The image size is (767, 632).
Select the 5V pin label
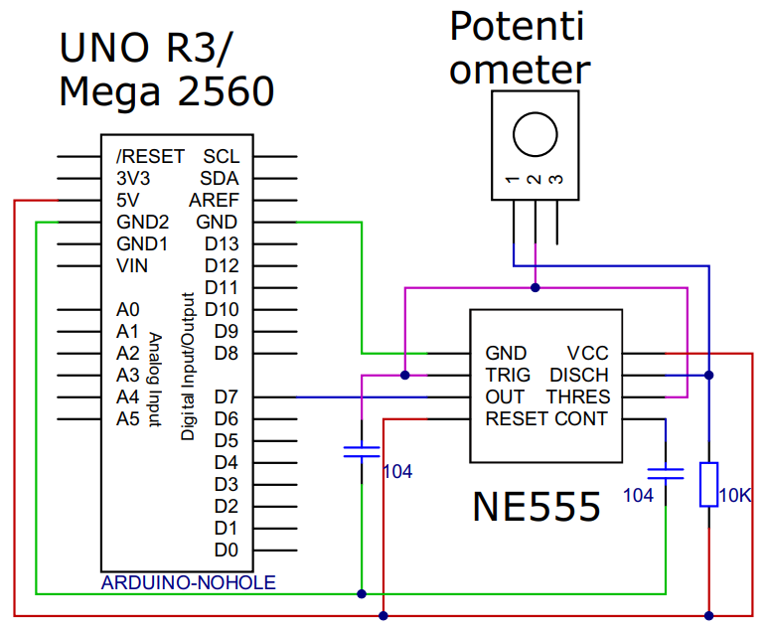[128, 200]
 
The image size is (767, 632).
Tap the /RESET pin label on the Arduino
[150, 156]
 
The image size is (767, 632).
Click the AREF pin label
[219, 200]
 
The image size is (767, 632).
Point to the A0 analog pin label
[128, 309]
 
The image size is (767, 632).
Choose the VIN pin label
[132, 265]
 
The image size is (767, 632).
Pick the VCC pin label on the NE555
[587, 354]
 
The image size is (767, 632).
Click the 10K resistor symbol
[708, 484]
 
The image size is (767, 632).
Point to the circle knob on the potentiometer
[534, 132]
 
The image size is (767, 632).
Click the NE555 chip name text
[537, 507]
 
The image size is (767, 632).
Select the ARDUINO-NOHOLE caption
[188, 582]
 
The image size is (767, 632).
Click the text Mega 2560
[166, 91]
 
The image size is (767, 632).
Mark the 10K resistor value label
[735, 494]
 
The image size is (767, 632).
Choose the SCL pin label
[221, 156]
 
